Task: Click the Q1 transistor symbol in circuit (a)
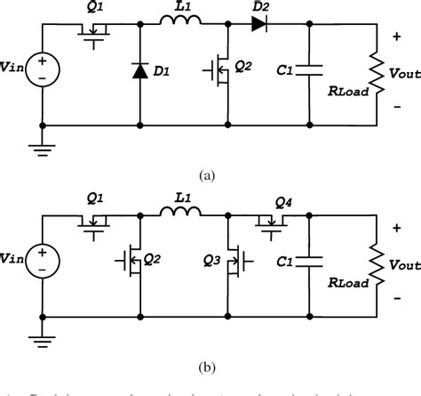click(x=95, y=29)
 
